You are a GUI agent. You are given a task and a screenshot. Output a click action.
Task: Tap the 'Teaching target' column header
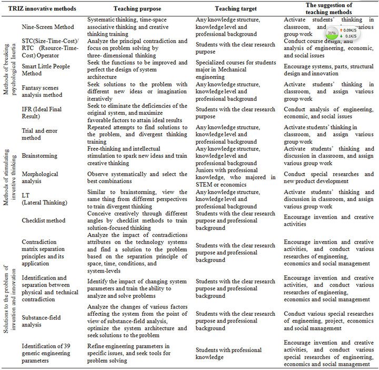tap(235, 9)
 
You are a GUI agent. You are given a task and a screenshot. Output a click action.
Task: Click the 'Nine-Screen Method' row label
tap(47, 26)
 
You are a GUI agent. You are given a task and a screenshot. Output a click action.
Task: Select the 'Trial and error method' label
tap(40, 134)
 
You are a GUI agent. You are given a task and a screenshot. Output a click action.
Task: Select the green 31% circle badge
tap(332, 33)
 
